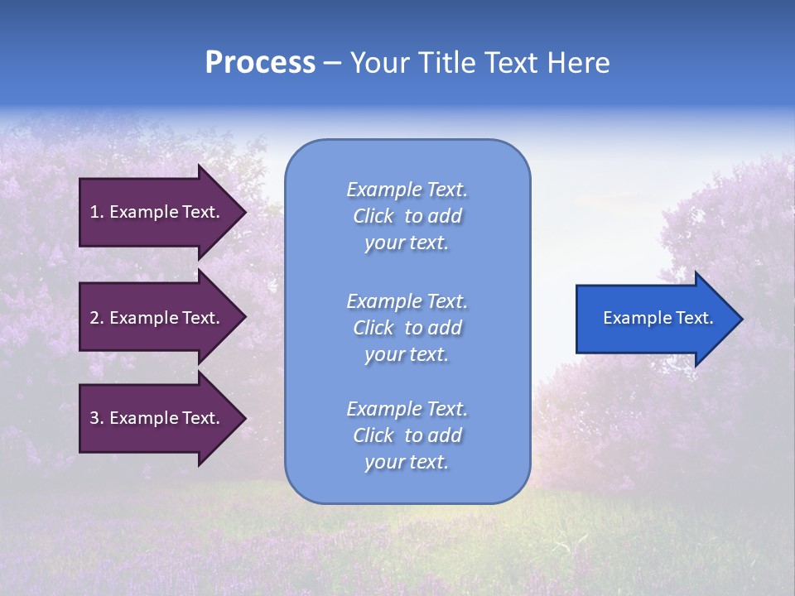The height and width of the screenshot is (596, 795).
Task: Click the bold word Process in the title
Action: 260,63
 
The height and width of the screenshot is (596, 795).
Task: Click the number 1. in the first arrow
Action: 96,212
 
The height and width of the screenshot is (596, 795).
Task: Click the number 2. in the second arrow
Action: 96,318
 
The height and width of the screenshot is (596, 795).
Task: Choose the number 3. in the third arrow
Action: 96,418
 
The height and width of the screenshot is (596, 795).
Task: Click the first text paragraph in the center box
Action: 407,216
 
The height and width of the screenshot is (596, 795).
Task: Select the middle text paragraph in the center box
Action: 407,328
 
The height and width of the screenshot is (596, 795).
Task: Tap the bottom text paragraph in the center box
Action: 407,435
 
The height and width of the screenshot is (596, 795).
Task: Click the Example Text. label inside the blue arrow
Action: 658,318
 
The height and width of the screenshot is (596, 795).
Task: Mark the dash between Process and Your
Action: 332,64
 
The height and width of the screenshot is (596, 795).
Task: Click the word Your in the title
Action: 380,63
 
